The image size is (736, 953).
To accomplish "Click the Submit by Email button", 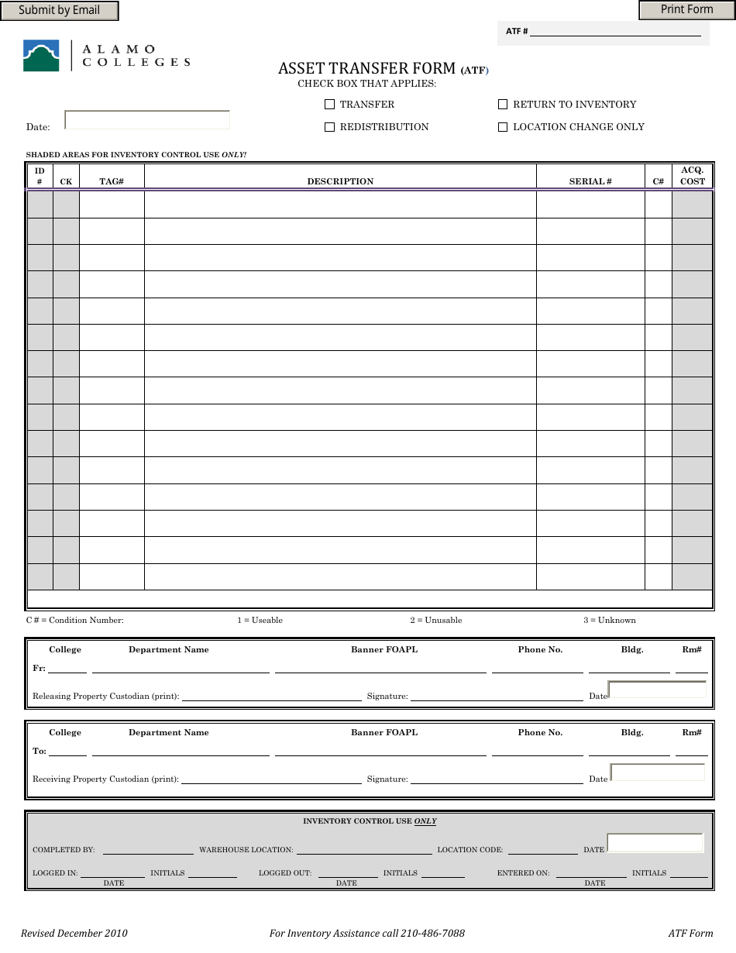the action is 60,11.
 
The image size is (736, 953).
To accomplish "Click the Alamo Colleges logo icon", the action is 41,56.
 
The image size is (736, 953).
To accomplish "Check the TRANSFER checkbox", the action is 329,105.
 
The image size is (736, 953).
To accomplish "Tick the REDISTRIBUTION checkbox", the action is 329,127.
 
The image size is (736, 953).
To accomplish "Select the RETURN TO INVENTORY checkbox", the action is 503,105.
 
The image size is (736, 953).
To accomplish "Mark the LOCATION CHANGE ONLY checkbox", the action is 503,127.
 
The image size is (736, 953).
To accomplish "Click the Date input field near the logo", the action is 147,120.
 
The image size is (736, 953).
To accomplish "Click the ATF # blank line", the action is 615,31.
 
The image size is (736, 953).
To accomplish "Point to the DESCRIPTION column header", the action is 340,182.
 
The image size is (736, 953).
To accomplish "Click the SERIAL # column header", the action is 590,182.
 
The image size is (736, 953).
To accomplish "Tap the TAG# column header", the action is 112,182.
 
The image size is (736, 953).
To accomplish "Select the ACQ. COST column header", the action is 693,176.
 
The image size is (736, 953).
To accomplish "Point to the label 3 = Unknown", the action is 610,621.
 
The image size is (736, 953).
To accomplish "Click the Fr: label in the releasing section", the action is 40,669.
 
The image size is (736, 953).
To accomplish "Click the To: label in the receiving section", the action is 40,752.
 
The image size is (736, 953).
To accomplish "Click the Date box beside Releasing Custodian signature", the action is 657,690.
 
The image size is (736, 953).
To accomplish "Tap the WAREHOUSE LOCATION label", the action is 246,850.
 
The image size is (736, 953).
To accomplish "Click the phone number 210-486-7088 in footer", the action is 432,934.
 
